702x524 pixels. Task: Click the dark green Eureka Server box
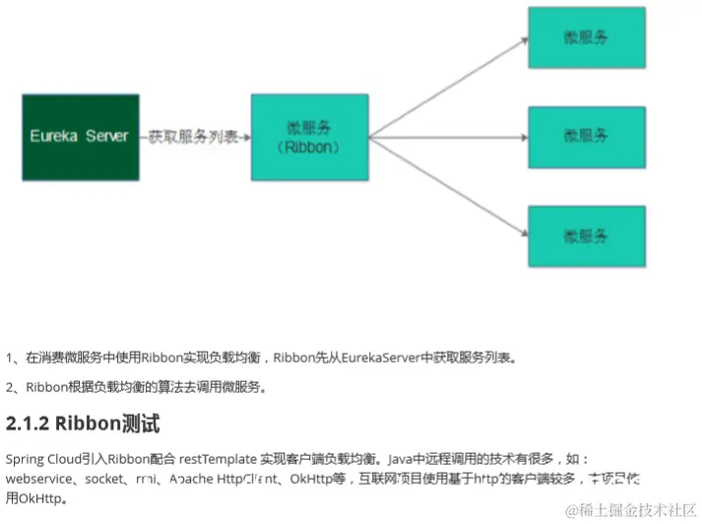(x=80, y=136)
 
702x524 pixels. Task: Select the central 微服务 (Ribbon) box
(x=309, y=136)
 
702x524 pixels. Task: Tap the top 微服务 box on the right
(x=586, y=37)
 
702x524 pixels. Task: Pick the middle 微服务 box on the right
(x=586, y=136)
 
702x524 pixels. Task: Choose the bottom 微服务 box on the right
(x=586, y=235)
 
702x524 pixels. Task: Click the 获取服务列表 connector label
(x=193, y=136)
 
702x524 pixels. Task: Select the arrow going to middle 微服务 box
(x=448, y=136)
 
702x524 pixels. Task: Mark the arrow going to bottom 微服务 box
(x=448, y=187)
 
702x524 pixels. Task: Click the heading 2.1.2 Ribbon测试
(x=83, y=425)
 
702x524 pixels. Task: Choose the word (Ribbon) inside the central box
(x=309, y=147)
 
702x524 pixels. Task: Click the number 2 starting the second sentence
(x=9, y=387)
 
